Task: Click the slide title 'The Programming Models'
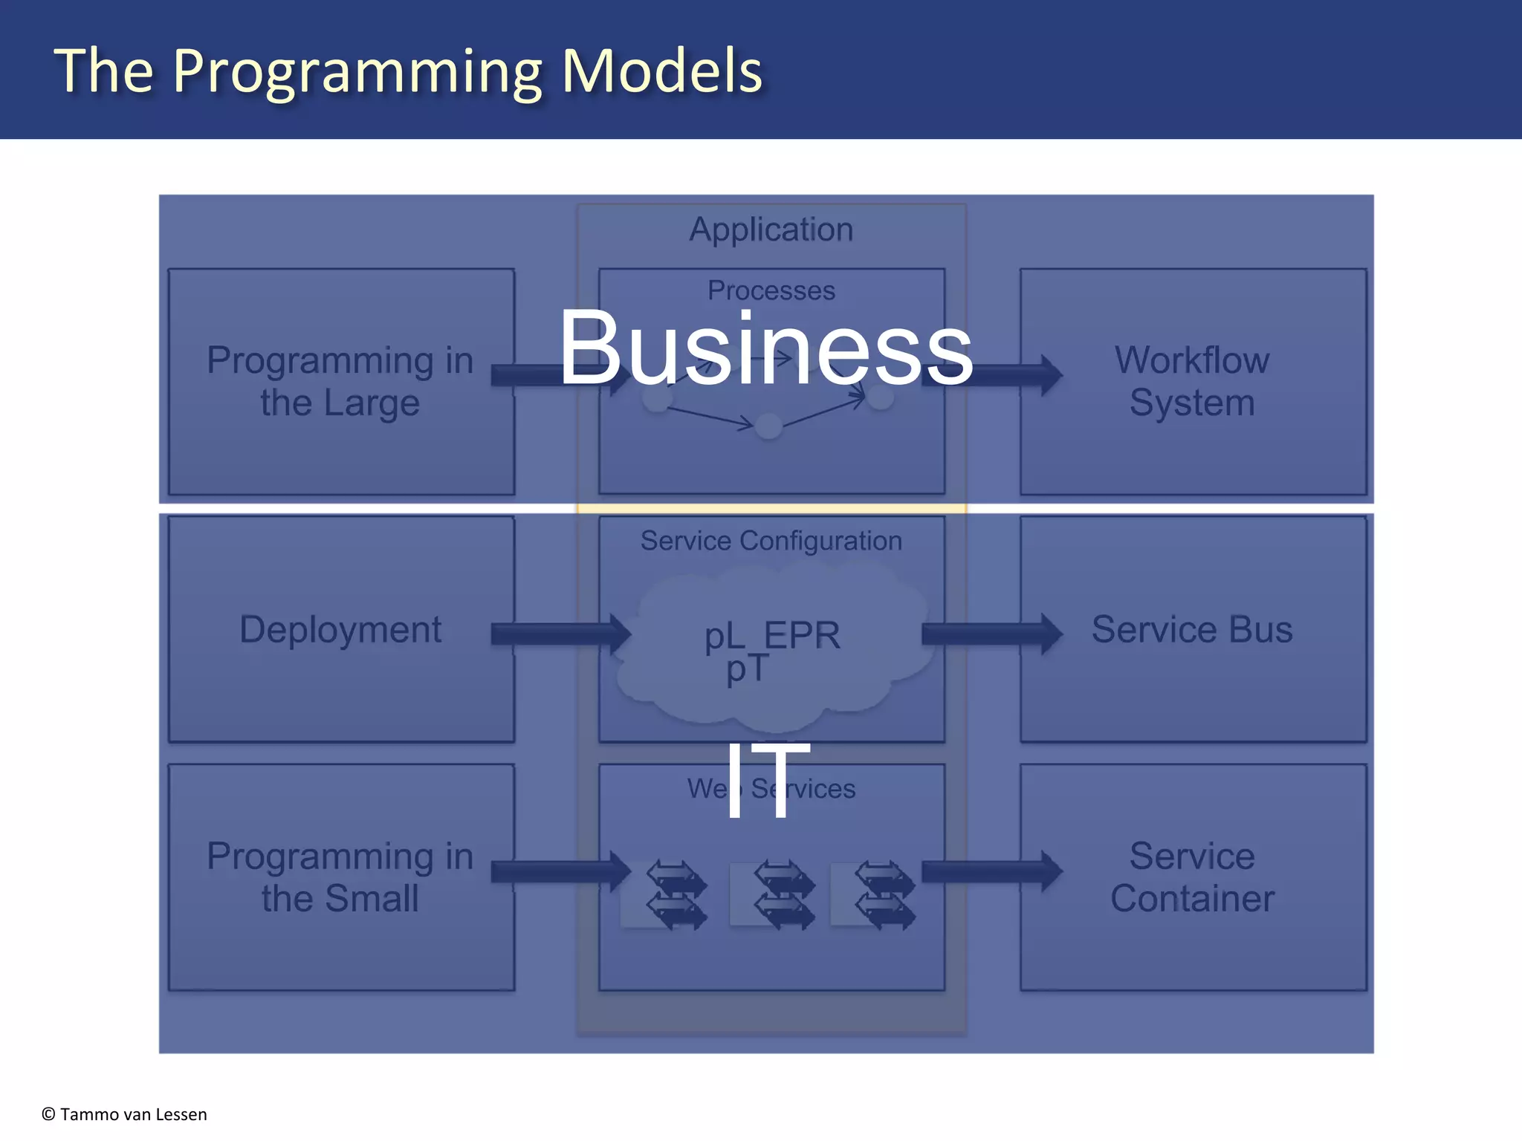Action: (x=408, y=71)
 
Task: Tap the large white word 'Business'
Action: (x=765, y=348)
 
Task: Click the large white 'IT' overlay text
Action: (x=768, y=781)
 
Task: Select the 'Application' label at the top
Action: (x=771, y=229)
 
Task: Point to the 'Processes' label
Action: (x=771, y=290)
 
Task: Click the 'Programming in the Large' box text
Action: (x=340, y=381)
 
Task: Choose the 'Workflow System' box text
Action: (x=1192, y=381)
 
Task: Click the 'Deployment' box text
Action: (x=340, y=629)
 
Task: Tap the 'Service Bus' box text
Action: (x=1192, y=629)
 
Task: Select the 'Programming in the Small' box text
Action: (x=340, y=877)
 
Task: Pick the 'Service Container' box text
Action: (x=1192, y=877)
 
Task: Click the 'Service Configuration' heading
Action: (x=771, y=541)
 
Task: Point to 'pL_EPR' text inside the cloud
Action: (x=772, y=636)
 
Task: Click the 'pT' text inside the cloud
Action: (x=747, y=669)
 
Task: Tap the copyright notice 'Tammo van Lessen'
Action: (x=125, y=1114)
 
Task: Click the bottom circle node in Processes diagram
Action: (x=768, y=426)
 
